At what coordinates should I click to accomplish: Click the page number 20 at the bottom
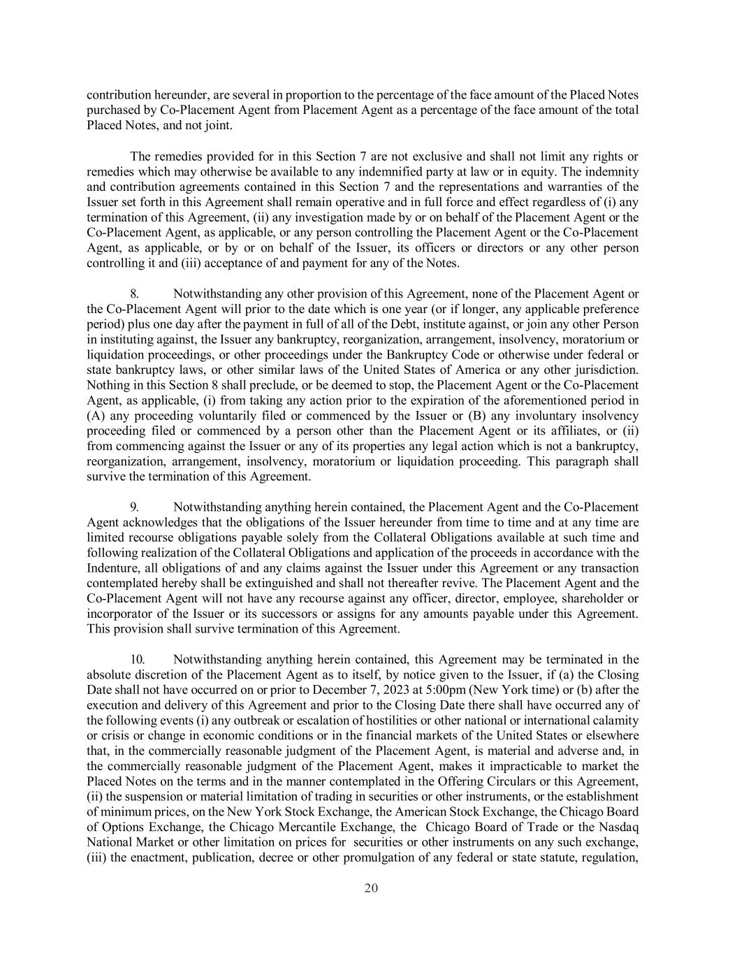tap(371, 888)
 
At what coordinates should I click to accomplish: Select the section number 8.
tap(135, 294)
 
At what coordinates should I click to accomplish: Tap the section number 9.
tap(135, 507)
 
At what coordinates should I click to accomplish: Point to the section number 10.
tap(138, 659)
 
